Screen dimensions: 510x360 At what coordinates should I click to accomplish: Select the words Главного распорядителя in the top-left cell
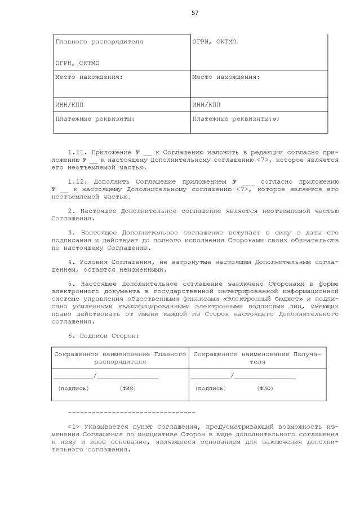(99, 42)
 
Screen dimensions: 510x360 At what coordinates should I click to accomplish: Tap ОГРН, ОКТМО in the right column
(214, 42)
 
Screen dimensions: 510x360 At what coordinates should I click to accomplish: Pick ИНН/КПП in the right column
(206, 105)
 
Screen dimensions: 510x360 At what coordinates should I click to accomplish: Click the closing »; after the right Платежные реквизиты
(275, 119)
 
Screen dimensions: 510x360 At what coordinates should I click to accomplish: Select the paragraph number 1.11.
(76, 153)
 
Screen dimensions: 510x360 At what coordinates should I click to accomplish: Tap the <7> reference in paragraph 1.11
(263, 160)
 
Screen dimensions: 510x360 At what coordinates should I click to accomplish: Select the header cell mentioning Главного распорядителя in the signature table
(120, 358)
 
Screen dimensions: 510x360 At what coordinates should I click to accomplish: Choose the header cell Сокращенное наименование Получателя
(257, 358)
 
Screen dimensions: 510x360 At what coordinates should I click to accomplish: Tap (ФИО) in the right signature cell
(265, 388)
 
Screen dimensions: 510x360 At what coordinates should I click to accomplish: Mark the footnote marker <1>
(73, 427)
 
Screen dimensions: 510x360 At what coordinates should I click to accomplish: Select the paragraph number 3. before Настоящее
(71, 232)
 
